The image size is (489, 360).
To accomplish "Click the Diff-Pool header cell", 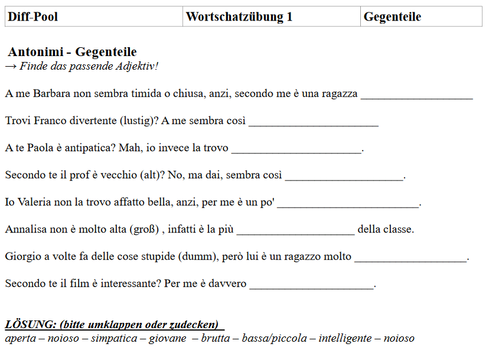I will pyautogui.click(x=94, y=17).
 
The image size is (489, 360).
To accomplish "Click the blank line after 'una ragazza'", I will pyautogui.click(x=416, y=96).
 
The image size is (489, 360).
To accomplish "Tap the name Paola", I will pyautogui.click(x=40, y=148).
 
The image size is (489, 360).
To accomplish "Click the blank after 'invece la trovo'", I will pyautogui.click(x=296, y=150).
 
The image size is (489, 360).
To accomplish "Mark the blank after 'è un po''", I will pyautogui.click(x=348, y=205).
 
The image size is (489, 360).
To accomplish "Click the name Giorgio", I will pyautogui.click(x=22, y=256).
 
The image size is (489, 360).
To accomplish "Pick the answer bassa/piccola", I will pyautogui.click(x=274, y=339).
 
